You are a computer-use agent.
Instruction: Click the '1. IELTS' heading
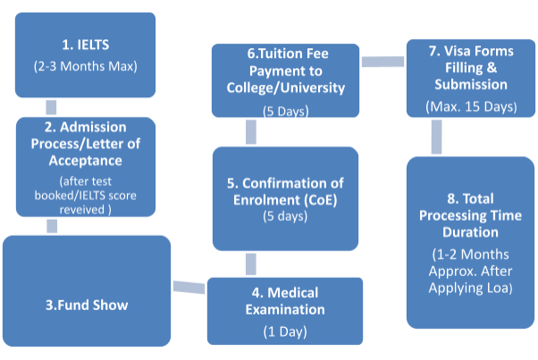point(86,42)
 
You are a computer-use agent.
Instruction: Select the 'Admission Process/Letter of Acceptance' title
point(86,145)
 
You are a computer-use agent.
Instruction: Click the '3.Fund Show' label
point(87,305)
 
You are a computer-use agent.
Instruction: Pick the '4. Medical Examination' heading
point(285,301)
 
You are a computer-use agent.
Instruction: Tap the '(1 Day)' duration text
point(285,331)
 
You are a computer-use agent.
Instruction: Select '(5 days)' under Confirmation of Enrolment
point(285,215)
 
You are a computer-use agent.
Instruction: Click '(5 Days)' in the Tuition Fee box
point(285,112)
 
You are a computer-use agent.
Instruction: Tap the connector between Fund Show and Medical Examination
point(189,287)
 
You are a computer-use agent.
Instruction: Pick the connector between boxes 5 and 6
point(251,133)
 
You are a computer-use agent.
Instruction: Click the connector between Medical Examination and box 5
point(251,264)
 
